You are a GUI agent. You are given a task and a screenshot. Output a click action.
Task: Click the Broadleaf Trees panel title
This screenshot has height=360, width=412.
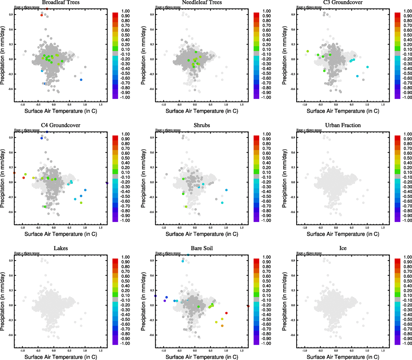pos(61,2)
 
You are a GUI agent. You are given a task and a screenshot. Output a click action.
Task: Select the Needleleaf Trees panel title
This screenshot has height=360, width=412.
pos(202,2)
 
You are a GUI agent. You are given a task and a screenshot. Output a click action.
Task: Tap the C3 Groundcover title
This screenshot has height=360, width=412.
pos(343,2)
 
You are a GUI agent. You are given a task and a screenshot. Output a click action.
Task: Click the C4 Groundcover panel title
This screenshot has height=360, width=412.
pos(61,125)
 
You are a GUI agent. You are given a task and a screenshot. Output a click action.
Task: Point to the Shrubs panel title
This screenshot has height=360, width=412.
pos(202,125)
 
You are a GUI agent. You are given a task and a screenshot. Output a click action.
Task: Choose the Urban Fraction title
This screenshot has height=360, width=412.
pos(343,125)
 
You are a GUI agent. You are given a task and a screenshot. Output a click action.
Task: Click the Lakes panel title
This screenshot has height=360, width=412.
pos(61,248)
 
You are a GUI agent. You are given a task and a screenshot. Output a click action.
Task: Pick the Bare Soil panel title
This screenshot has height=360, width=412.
pos(202,248)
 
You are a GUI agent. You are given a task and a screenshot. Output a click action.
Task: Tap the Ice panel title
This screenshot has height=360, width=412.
pos(343,248)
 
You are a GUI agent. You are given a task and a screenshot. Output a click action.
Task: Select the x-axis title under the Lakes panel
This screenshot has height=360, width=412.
pos(61,357)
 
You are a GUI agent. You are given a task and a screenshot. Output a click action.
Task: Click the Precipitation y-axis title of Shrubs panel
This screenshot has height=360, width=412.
pos(143,178)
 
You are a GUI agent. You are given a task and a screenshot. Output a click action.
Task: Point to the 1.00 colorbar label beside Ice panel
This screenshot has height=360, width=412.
pos(407,257)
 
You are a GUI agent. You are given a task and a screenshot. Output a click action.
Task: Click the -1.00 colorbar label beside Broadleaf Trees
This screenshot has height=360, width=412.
pos(125,97)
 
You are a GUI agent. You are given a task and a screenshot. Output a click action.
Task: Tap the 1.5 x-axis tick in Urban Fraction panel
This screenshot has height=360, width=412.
pos(383,228)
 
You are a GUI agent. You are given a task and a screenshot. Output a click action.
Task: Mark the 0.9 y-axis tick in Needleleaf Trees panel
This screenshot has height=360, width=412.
pos(152,14)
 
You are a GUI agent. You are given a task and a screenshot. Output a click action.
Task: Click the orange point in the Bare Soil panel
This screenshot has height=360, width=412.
pos(222,326)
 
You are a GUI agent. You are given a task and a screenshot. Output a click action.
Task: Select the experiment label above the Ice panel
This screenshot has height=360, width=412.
pos(309,253)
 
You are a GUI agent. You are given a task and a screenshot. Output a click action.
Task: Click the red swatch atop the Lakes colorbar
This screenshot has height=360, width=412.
pos(115,261)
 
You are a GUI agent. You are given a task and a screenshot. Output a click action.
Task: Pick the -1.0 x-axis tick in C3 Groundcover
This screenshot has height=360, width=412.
pos(305,105)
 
